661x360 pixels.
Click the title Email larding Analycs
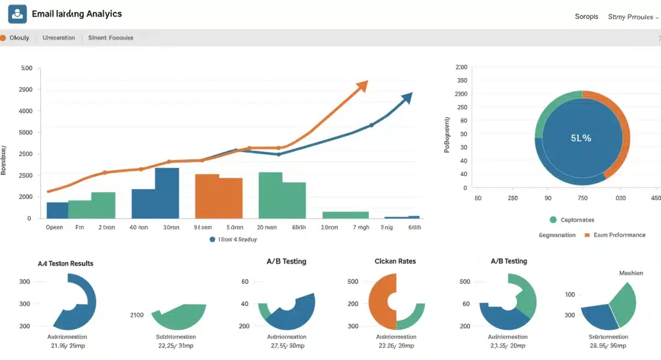(x=77, y=14)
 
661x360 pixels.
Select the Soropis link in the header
(x=586, y=17)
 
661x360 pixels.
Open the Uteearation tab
(x=58, y=38)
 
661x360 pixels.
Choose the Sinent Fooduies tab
(x=111, y=38)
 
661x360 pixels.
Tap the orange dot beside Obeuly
(x=3, y=38)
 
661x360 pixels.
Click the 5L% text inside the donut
(x=581, y=138)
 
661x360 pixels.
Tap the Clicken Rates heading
(x=395, y=261)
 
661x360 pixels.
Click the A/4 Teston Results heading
(x=66, y=263)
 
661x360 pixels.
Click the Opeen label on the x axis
(x=54, y=227)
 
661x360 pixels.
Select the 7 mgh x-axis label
(x=361, y=227)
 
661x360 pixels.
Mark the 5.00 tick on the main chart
(x=26, y=68)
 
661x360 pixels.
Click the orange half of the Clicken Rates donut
(x=380, y=302)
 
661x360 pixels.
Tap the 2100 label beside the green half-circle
(x=137, y=315)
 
